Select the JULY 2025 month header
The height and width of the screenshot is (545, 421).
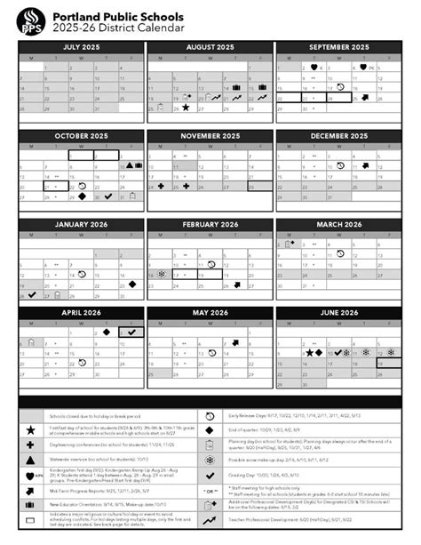pyautogui.click(x=81, y=46)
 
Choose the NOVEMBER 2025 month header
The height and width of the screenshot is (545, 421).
pyautogui.click(x=210, y=135)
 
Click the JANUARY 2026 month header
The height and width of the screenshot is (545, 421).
pyautogui.click(x=81, y=224)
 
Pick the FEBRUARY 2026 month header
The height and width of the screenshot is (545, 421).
pyautogui.click(x=210, y=224)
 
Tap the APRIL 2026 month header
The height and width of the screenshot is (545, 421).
pyautogui.click(x=81, y=313)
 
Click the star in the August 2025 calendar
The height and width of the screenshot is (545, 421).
pyautogui.click(x=186, y=107)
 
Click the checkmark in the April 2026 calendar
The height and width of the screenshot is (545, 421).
pyautogui.click(x=131, y=332)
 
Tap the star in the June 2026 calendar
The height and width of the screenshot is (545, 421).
pyautogui.click(x=308, y=353)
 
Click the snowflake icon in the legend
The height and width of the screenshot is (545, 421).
pyautogui.click(x=210, y=461)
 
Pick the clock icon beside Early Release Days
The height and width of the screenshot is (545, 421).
pyautogui.click(x=210, y=415)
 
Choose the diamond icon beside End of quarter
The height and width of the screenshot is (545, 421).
pyautogui.click(x=210, y=430)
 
